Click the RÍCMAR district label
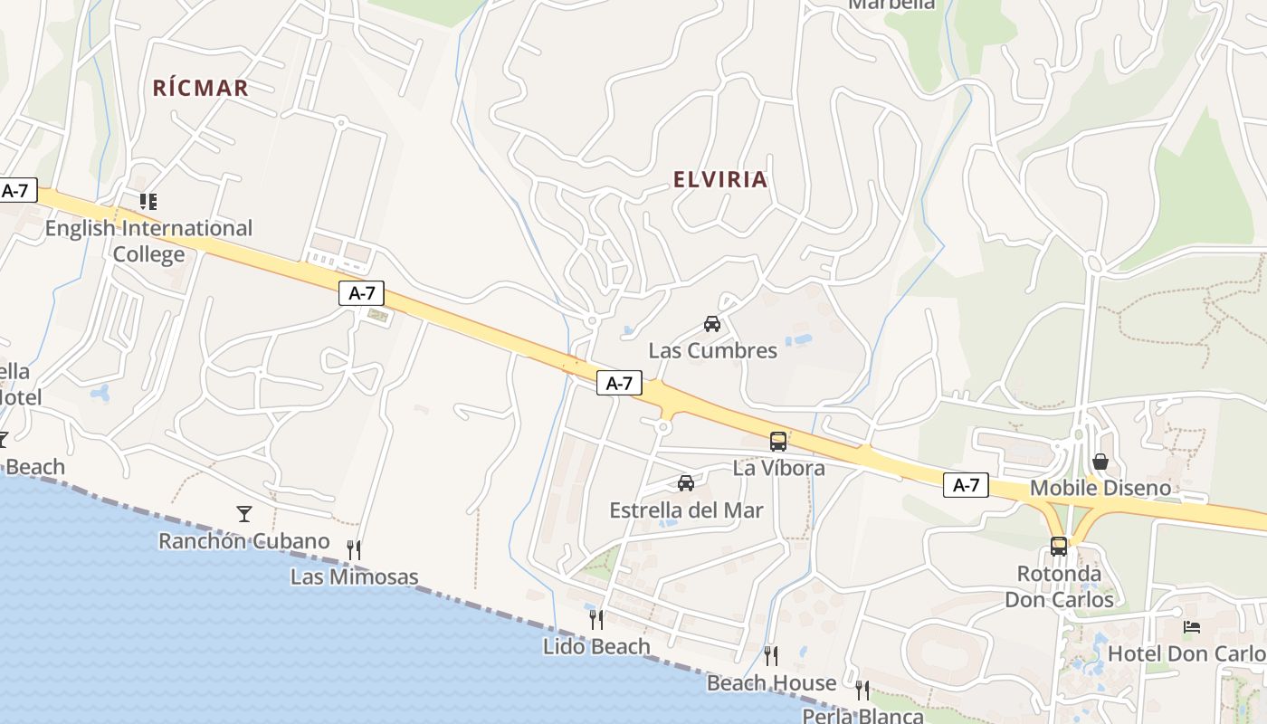coord(200,88)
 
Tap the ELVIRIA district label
coord(720,179)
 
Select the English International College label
coord(148,241)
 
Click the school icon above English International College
coord(148,201)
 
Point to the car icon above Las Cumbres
coord(712,324)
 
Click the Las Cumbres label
coord(712,350)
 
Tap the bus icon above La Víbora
coord(778,442)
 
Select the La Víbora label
coord(778,468)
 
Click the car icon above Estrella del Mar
coord(686,483)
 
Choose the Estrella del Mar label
coord(686,510)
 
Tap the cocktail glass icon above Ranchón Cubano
coord(244,514)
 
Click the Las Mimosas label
coord(354,576)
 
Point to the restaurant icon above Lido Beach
coord(596,619)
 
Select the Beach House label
coord(771,682)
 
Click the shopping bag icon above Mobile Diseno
coord(1100,462)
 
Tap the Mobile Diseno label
coord(1100,489)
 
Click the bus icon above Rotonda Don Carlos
coord(1059,547)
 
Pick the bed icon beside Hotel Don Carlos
coord(1192,626)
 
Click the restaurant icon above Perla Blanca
coord(862,690)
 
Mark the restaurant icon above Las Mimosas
coord(354,549)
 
